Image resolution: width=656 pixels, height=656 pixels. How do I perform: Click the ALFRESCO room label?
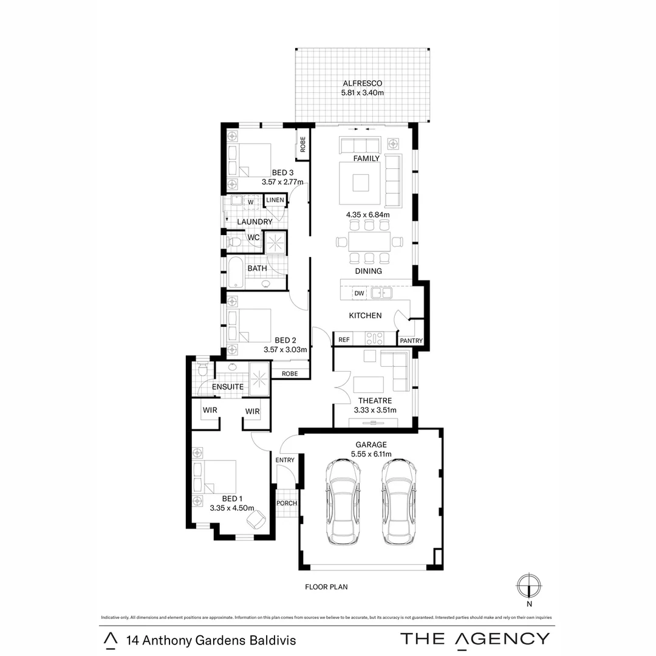tap(363, 83)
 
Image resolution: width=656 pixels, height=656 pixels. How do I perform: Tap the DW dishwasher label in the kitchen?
tap(359, 293)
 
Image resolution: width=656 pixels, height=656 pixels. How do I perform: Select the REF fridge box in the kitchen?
tap(344, 340)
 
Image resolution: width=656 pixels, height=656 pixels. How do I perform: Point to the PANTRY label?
tap(411, 341)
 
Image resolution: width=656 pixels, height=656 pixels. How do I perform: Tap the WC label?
tap(253, 237)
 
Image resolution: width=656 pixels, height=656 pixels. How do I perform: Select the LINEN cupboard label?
tap(275, 200)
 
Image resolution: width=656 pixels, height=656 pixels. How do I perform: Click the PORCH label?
tap(286, 503)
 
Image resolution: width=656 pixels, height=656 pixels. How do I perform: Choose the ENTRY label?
tap(285, 460)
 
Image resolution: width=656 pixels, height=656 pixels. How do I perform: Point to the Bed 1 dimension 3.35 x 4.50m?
tap(231, 508)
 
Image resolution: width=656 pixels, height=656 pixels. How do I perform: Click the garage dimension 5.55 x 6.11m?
tap(371, 454)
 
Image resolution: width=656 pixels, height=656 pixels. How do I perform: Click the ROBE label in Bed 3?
tap(302, 147)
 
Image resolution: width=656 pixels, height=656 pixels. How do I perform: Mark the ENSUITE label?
tap(228, 386)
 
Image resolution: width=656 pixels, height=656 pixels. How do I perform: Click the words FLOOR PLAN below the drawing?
tap(326, 587)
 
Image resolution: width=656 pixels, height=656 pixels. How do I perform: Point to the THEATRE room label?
tap(375, 401)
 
